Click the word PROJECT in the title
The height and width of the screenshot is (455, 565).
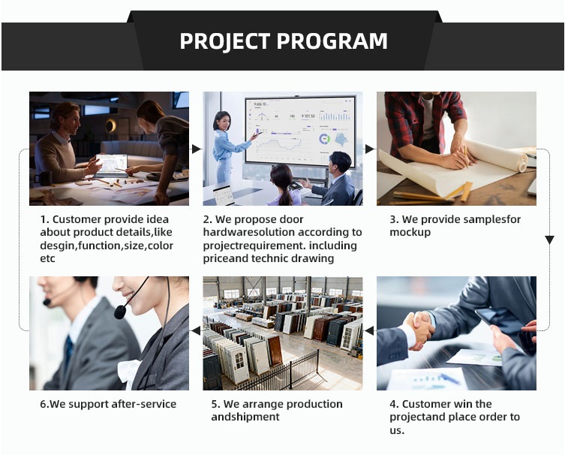pyautogui.click(x=225, y=41)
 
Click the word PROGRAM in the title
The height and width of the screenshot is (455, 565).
pyautogui.click(x=332, y=41)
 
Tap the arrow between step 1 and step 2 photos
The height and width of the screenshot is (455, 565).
pyautogui.click(x=197, y=149)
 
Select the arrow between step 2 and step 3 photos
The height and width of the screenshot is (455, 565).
pyautogui.click(x=370, y=149)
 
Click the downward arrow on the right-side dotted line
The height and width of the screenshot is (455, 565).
pyautogui.click(x=549, y=240)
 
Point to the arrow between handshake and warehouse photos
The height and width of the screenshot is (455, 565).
pyautogui.click(x=369, y=330)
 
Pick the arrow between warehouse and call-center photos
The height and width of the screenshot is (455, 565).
pyautogui.click(x=196, y=330)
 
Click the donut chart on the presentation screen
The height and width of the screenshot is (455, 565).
pyautogui.click(x=325, y=139)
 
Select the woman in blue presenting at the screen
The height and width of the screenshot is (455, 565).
pyautogui.click(x=227, y=147)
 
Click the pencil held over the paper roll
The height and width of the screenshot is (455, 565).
pyautogui.click(x=465, y=156)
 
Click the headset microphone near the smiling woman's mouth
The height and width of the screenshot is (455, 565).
pyautogui.click(x=120, y=312)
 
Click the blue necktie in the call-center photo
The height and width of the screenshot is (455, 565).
pyautogui.click(x=68, y=350)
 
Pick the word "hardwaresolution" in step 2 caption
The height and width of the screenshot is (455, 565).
pyautogui.click(x=249, y=232)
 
